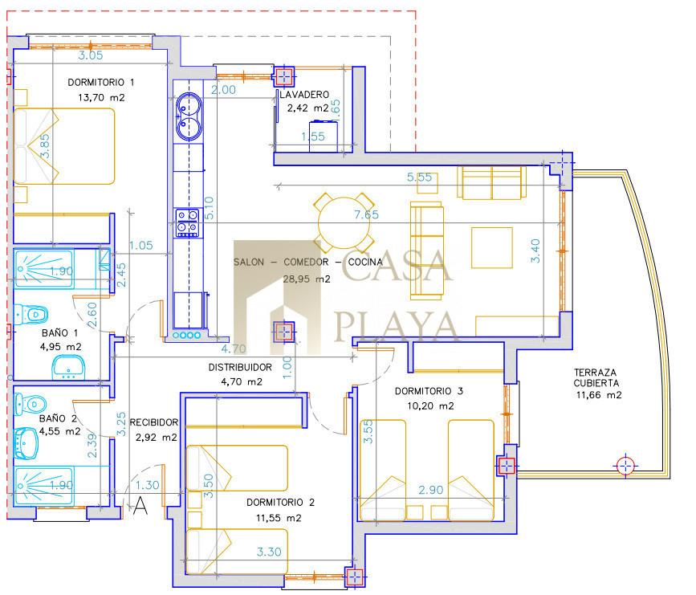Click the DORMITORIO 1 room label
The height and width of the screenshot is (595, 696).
[101, 82]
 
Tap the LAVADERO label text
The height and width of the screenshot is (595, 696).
[304, 95]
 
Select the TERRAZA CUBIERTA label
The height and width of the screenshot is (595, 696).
[596, 378]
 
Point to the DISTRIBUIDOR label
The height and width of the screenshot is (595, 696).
[240, 367]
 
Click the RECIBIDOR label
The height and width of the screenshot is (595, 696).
[154, 422]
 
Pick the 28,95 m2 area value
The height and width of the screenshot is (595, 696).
[307, 279]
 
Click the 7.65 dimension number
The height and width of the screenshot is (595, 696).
[366, 215]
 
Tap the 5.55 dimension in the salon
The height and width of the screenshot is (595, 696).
[420, 177]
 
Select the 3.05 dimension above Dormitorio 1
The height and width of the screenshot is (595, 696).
[91, 55]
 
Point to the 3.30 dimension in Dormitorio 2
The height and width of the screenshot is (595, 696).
[269, 552]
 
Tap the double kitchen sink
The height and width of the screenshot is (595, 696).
[189, 116]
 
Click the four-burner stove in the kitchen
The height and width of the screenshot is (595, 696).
[187, 222]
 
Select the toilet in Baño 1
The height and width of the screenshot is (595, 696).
[31, 315]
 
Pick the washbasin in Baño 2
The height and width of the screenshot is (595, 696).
[26, 443]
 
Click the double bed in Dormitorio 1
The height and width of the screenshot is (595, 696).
[64, 146]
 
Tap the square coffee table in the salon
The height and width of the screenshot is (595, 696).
[492, 248]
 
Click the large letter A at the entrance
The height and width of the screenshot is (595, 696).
[140, 506]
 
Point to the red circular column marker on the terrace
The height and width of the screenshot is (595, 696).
[625, 466]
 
